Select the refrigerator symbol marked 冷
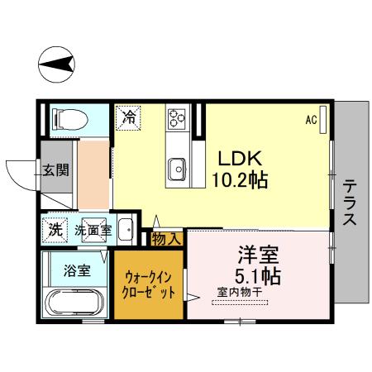click(x=128, y=117)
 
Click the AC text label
click(x=311, y=120)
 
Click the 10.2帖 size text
click(x=241, y=179)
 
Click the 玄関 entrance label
click(x=56, y=171)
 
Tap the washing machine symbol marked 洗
click(x=55, y=228)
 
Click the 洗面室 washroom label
click(x=93, y=230)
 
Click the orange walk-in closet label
click(x=150, y=284)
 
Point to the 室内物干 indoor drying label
click(x=241, y=290)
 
